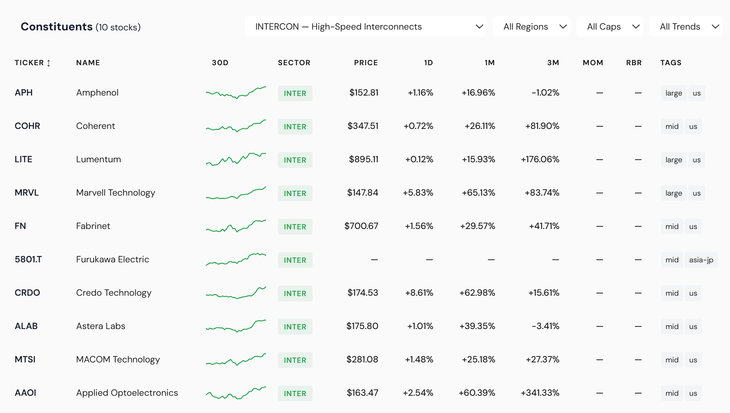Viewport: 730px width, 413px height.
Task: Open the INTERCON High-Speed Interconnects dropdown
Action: click(x=365, y=27)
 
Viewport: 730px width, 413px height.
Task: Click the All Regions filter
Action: click(x=531, y=27)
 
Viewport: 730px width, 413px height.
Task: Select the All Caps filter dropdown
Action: click(x=610, y=27)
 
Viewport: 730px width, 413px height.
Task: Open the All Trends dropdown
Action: click(x=686, y=27)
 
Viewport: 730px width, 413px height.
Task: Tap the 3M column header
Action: click(x=553, y=63)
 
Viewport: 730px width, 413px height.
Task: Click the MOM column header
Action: click(x=593, y=63)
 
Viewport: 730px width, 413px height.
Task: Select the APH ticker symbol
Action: click(x=24, y=93)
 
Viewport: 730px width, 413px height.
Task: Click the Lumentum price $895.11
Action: click(x=363, y=159)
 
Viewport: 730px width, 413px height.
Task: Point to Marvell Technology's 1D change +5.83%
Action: click(x=418, y=193)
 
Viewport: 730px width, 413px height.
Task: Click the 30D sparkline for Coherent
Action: click(x=236, y=126)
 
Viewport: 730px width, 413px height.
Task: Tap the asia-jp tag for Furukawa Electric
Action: click(x=701, y=260)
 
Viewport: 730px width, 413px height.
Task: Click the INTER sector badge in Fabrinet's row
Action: click(x=295, y=227)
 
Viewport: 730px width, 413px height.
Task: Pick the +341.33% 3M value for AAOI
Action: click(x=540, y=393)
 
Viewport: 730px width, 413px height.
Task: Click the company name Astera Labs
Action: click(x=101, y=326)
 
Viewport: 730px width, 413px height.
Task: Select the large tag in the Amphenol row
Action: click(x=673, y=93)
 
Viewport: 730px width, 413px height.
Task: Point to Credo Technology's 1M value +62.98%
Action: click(x=477, y=293)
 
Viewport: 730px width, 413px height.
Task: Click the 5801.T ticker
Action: click(x=28, y=259)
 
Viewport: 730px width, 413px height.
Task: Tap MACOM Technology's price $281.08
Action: click(x=362, y=359)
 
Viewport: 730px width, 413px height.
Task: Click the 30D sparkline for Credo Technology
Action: click(x=236, y=293)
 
